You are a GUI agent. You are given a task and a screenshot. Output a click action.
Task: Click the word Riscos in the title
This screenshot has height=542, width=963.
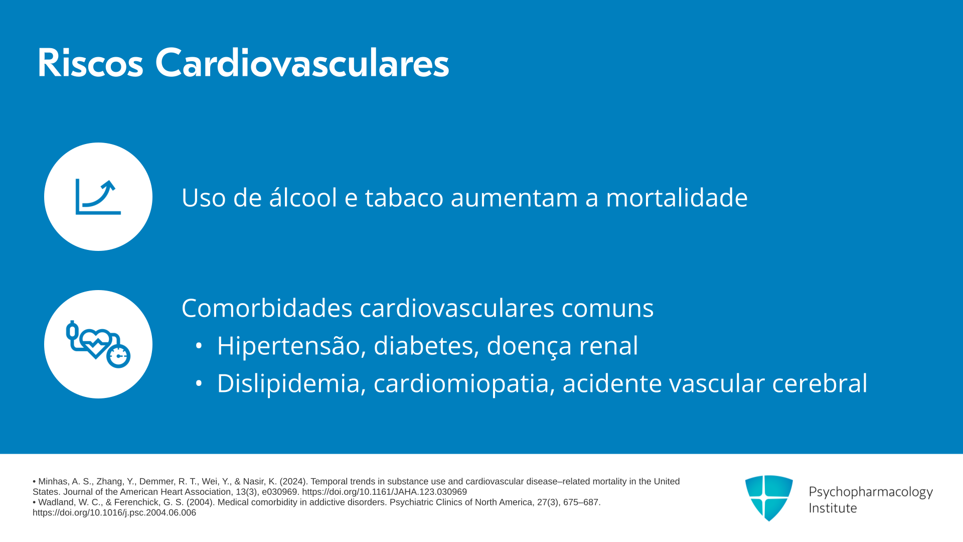pos(90,63)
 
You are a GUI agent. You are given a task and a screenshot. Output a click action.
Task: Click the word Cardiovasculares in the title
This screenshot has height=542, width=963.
pos(302,63)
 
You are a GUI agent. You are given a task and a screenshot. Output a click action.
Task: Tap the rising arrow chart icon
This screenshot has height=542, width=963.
pos(98,197)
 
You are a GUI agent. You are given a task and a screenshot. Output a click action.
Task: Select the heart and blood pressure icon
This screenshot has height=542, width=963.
pos(98,344)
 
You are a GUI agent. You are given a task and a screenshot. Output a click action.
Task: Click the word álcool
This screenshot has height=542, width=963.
pos(303,197)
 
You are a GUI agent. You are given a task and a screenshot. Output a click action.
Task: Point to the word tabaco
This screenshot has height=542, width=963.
pos(404,197)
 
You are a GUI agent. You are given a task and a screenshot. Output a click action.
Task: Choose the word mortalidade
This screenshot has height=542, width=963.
pos(677,197)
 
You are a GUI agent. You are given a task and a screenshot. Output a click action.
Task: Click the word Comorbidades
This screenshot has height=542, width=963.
pos(267,308)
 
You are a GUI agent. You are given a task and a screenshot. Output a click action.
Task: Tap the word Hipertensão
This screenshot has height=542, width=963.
pos(288,346)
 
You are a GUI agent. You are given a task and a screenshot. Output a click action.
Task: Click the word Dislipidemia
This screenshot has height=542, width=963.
pos(288,383)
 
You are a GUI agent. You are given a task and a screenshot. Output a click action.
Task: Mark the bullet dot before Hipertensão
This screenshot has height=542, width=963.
pos(199,346)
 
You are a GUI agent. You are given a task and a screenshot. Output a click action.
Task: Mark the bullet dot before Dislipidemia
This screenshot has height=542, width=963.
pos(199,383)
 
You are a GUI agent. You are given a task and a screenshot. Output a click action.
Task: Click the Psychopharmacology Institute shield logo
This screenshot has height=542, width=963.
pos(769,498)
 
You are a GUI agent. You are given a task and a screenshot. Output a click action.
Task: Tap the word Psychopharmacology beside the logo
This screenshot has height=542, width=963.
pos(871,492)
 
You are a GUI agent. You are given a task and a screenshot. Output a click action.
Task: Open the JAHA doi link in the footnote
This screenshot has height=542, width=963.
pos(384,492)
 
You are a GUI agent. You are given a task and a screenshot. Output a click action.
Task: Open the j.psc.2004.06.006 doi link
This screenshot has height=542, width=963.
pos(114,513)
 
